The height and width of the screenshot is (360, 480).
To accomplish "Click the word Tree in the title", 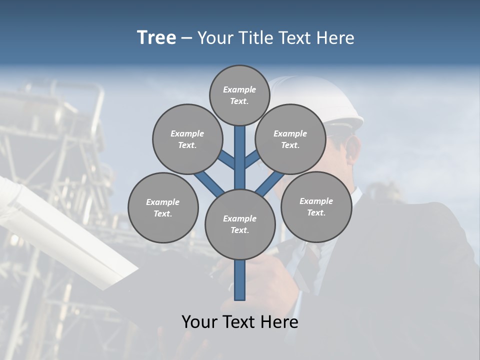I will pos(156,38).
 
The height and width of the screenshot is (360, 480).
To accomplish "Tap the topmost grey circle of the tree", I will pos(239,95).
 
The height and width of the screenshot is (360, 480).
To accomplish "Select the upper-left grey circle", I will pos(187,139).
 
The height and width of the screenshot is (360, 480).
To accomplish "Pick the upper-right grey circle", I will pos(290,139).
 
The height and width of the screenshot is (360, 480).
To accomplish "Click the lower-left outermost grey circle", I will pos(163,207).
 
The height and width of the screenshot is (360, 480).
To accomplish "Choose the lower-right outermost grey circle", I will pos(316,206).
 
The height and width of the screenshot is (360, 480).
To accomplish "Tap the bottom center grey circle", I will pos(240,224).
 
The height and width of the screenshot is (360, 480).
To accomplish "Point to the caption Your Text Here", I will pos(240,322).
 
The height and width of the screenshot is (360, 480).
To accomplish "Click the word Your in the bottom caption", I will pos(199,322).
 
